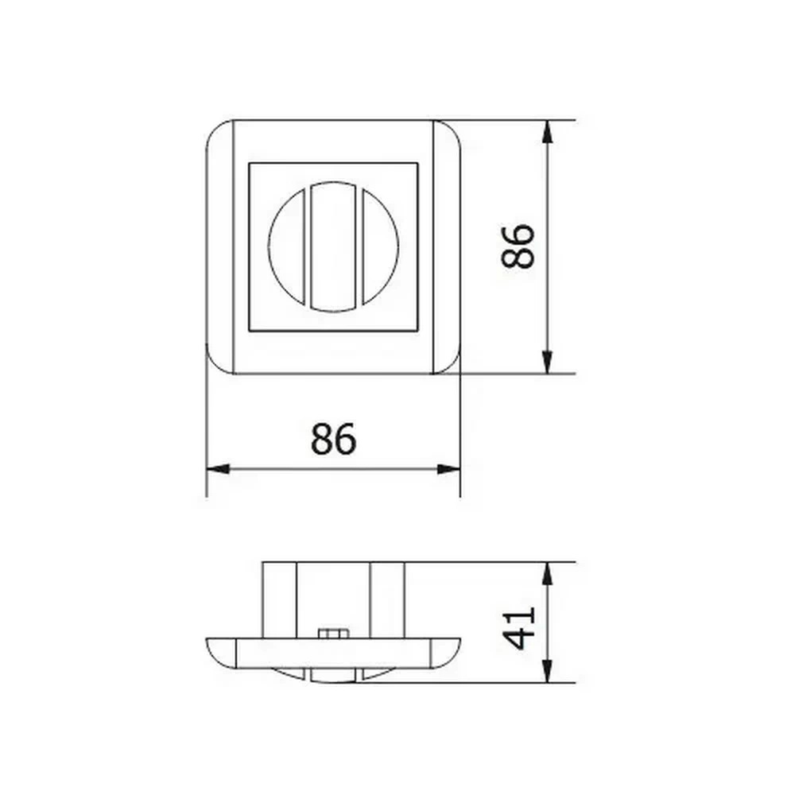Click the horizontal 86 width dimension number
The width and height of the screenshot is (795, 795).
[333, 438]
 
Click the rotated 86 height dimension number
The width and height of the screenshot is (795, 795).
[518, 246]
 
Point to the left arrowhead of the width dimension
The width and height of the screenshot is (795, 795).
[218, 469]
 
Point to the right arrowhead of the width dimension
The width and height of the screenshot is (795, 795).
[448, 469]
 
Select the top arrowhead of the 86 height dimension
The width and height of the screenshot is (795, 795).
[547, 132]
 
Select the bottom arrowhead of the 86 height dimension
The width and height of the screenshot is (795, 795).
[547, 362]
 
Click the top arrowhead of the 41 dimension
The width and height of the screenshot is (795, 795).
[547, 574]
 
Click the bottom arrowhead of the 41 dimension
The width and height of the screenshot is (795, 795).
[547, 671]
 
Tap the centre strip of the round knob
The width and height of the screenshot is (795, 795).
[333, 246]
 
